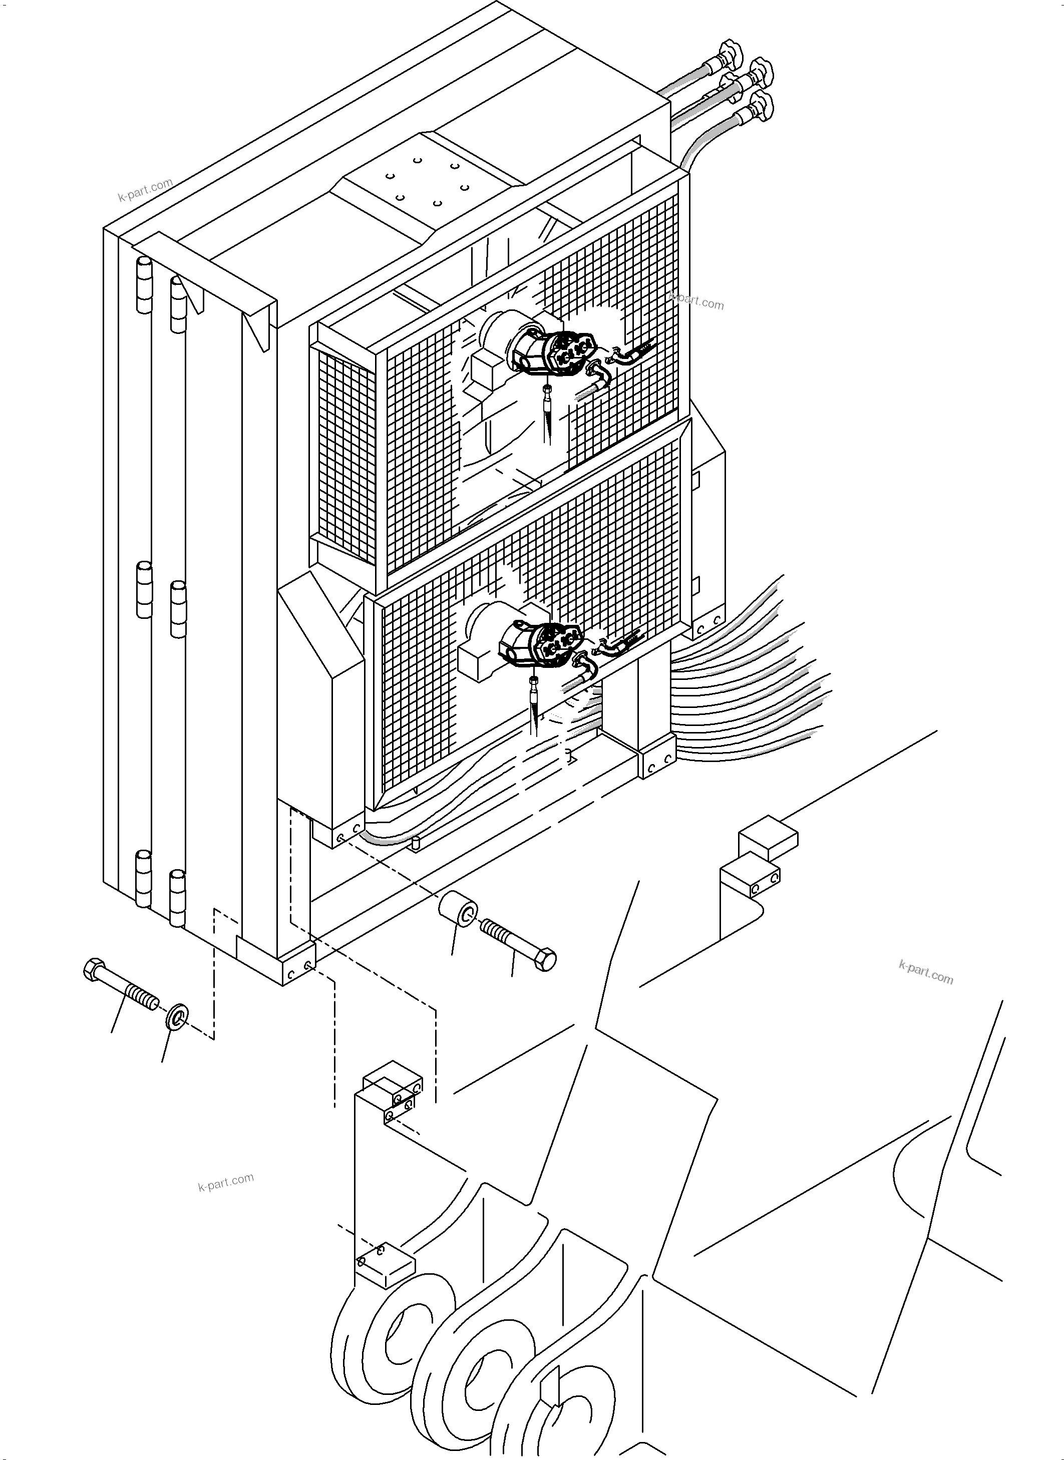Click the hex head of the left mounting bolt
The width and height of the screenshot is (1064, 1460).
point(94,970)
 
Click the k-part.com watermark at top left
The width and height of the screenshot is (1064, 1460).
point(146,189)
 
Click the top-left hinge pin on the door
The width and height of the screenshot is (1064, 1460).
point(144,284)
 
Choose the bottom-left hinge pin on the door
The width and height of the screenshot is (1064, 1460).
point(143,878)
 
